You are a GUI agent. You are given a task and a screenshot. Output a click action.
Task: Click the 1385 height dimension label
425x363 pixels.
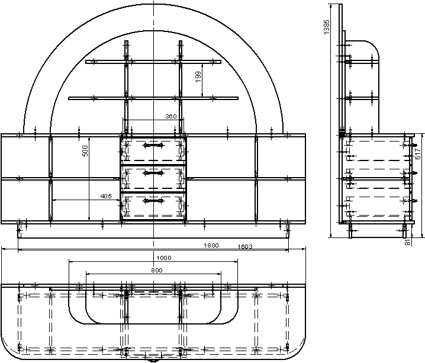326,27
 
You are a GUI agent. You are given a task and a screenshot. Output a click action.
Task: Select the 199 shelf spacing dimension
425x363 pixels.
198,77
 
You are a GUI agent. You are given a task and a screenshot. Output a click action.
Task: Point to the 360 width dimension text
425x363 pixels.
171,116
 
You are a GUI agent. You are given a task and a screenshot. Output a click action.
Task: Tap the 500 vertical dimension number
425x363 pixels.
85,151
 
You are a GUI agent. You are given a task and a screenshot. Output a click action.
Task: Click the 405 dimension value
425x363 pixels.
106,196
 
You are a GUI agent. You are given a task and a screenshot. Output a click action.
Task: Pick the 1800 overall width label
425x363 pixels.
211,245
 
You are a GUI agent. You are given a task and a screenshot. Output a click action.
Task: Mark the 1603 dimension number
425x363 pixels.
245,246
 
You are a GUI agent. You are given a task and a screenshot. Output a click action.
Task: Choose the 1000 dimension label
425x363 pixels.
164,258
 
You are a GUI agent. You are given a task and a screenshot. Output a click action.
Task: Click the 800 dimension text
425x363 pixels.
157,270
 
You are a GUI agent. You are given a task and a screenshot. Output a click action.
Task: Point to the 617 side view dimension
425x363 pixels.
418,153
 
